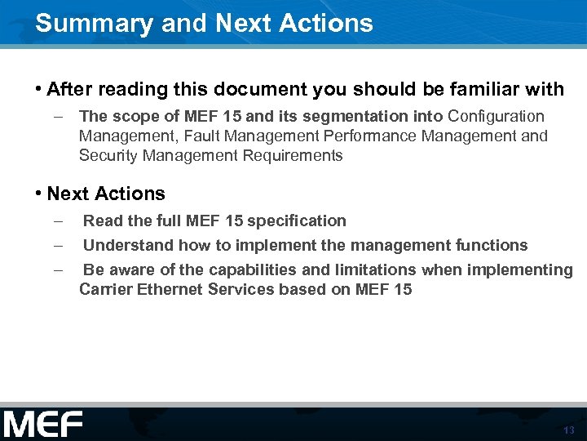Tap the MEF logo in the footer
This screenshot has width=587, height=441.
tap(42, 425)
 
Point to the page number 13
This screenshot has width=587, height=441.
tap(568, 430)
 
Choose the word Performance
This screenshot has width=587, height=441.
tap(363, 136)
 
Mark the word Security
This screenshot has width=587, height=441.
tap(106, 155)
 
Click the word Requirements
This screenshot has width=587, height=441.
tap(293, 155)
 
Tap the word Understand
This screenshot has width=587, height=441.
tap(123, 245)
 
